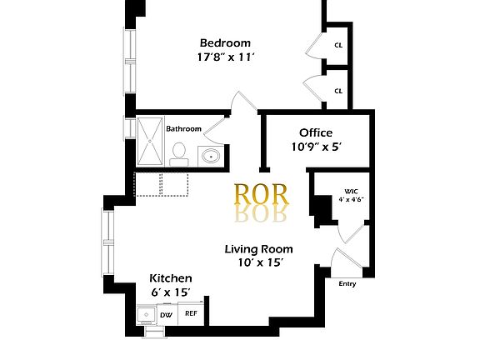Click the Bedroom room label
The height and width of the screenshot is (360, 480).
[224, 42]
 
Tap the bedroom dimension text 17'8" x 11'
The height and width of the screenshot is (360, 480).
[225, 58]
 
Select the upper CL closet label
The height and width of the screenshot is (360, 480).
[339, 46]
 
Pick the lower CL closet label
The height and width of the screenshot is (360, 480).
[339, 91]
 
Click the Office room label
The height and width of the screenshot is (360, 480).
[316, 132]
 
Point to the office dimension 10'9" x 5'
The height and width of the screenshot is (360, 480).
[317, 147]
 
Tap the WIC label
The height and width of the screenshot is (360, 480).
[350, 191]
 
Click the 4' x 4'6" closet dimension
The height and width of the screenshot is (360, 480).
[351, 200]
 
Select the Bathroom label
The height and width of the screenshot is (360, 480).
[183, 128]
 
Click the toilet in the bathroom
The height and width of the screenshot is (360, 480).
[178, 152]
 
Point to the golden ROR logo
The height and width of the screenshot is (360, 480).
[262, 194]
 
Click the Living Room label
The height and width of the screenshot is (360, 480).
[258, 248]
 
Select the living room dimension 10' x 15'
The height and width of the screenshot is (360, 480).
[258, 263]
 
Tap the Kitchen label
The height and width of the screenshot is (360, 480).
[171, 278]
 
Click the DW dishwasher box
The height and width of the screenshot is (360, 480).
[166, 314]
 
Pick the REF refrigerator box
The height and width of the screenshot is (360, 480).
[191, 313]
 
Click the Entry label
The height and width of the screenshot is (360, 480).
[347, 284]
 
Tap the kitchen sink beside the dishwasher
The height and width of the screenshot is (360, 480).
[146, 315]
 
